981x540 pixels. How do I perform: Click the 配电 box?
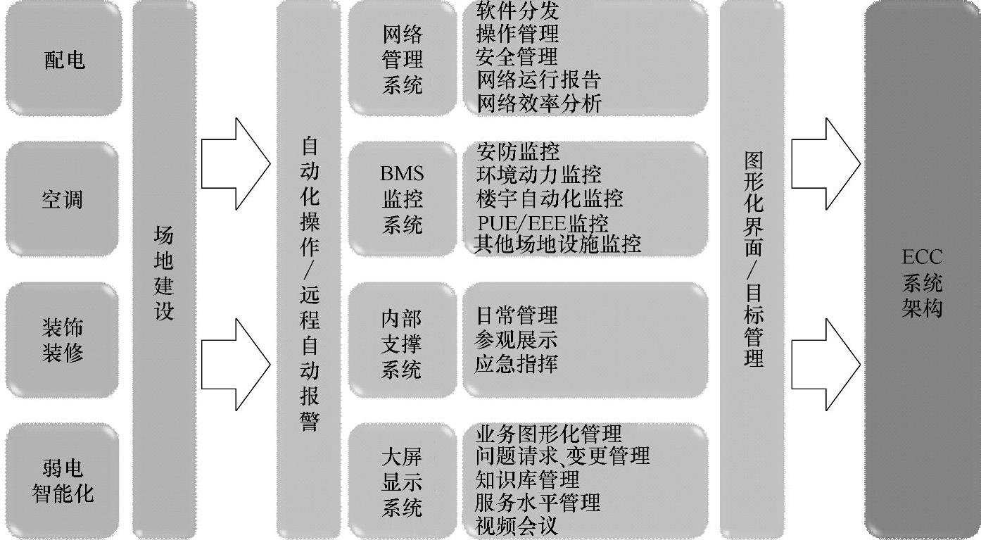coord(63,59)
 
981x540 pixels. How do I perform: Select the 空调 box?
coord(62,199)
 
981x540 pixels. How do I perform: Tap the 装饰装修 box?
coord(62,339)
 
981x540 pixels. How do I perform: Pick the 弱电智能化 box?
coord(62,480)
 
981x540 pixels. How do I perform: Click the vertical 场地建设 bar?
coord(163,271)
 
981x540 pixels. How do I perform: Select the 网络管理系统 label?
coord(403,59)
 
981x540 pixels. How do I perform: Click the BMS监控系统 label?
coord(403,199)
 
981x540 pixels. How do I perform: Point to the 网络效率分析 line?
coord(539,103)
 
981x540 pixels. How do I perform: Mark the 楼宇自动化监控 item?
coord(550,197)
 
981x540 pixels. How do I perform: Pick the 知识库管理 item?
coord(528,479)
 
